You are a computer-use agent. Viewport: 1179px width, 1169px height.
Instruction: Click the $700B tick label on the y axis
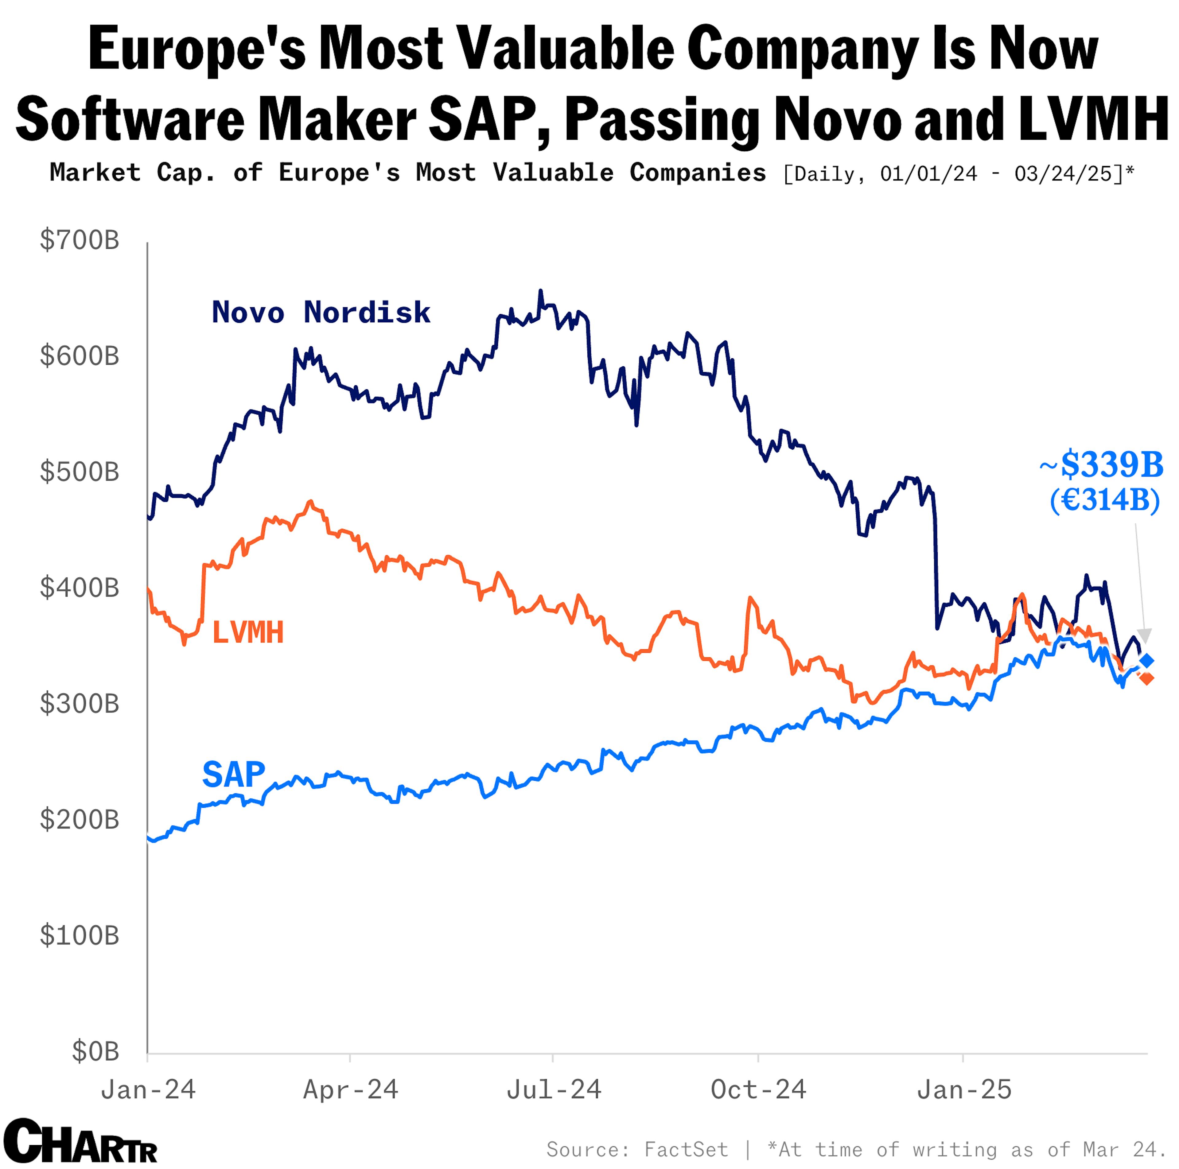pos(79,240)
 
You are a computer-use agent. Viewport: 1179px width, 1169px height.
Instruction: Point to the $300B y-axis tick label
pos(79,704)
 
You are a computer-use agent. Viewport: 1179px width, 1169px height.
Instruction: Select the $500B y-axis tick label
pos(79,472)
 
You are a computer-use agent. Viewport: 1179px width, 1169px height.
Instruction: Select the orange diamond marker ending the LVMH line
pos(1147,678)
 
